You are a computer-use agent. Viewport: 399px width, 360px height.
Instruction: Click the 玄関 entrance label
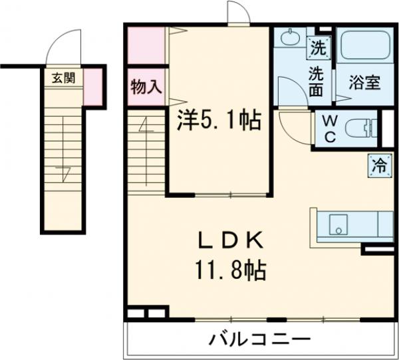click(x=65, y=78)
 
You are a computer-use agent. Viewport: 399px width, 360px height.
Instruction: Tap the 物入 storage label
click(x=146, y=86)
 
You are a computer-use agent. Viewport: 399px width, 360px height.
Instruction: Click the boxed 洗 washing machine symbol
click(x=319, y=48)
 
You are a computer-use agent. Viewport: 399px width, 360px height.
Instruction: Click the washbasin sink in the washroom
click(x=290, y=39)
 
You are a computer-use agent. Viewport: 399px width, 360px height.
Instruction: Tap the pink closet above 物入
click(x=146, y=44)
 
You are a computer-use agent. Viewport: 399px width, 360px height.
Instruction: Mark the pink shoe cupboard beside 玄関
click(x=93, y=86)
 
